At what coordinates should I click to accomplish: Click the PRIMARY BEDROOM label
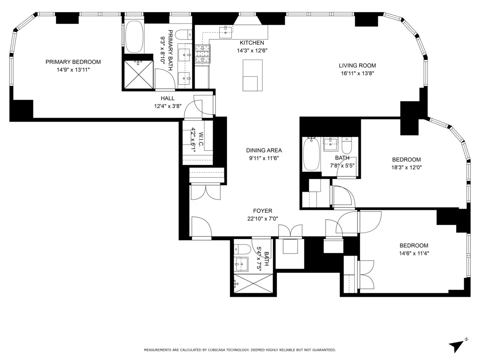click(73, 62)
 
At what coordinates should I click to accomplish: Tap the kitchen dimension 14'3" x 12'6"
click(252, 50)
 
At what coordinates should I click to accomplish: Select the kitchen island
click(252, 75)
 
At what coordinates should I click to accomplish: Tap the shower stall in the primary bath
click(138, 74)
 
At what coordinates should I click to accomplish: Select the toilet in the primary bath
click(184, 34)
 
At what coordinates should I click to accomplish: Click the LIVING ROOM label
click(357, 66)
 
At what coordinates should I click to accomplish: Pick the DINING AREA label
click(264, 150)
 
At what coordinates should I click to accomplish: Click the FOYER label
click(262, 211)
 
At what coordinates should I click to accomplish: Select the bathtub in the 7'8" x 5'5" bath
click(311, 154)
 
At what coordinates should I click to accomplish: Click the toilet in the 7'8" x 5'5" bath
click(346, 146)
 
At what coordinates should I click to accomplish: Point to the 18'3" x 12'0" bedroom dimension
click(406, 168)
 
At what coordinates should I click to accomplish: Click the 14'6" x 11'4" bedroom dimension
click(414, 253)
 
